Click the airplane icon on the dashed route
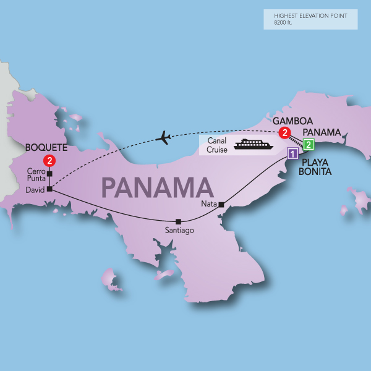coord(164,137)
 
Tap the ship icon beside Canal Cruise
coord(252,145)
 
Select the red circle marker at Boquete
coord(51,161)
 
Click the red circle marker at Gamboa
coord(284,132)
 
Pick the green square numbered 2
coord(309,145)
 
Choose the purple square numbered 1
coord(293,153)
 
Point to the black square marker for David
coord(49,189)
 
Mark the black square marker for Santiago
coord(178,221)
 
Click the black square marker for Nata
coord(221,205)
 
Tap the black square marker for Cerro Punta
coord(49,174)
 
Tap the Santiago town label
coord(179,231)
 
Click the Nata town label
coord(208,203)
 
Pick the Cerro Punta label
coord(35,174)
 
